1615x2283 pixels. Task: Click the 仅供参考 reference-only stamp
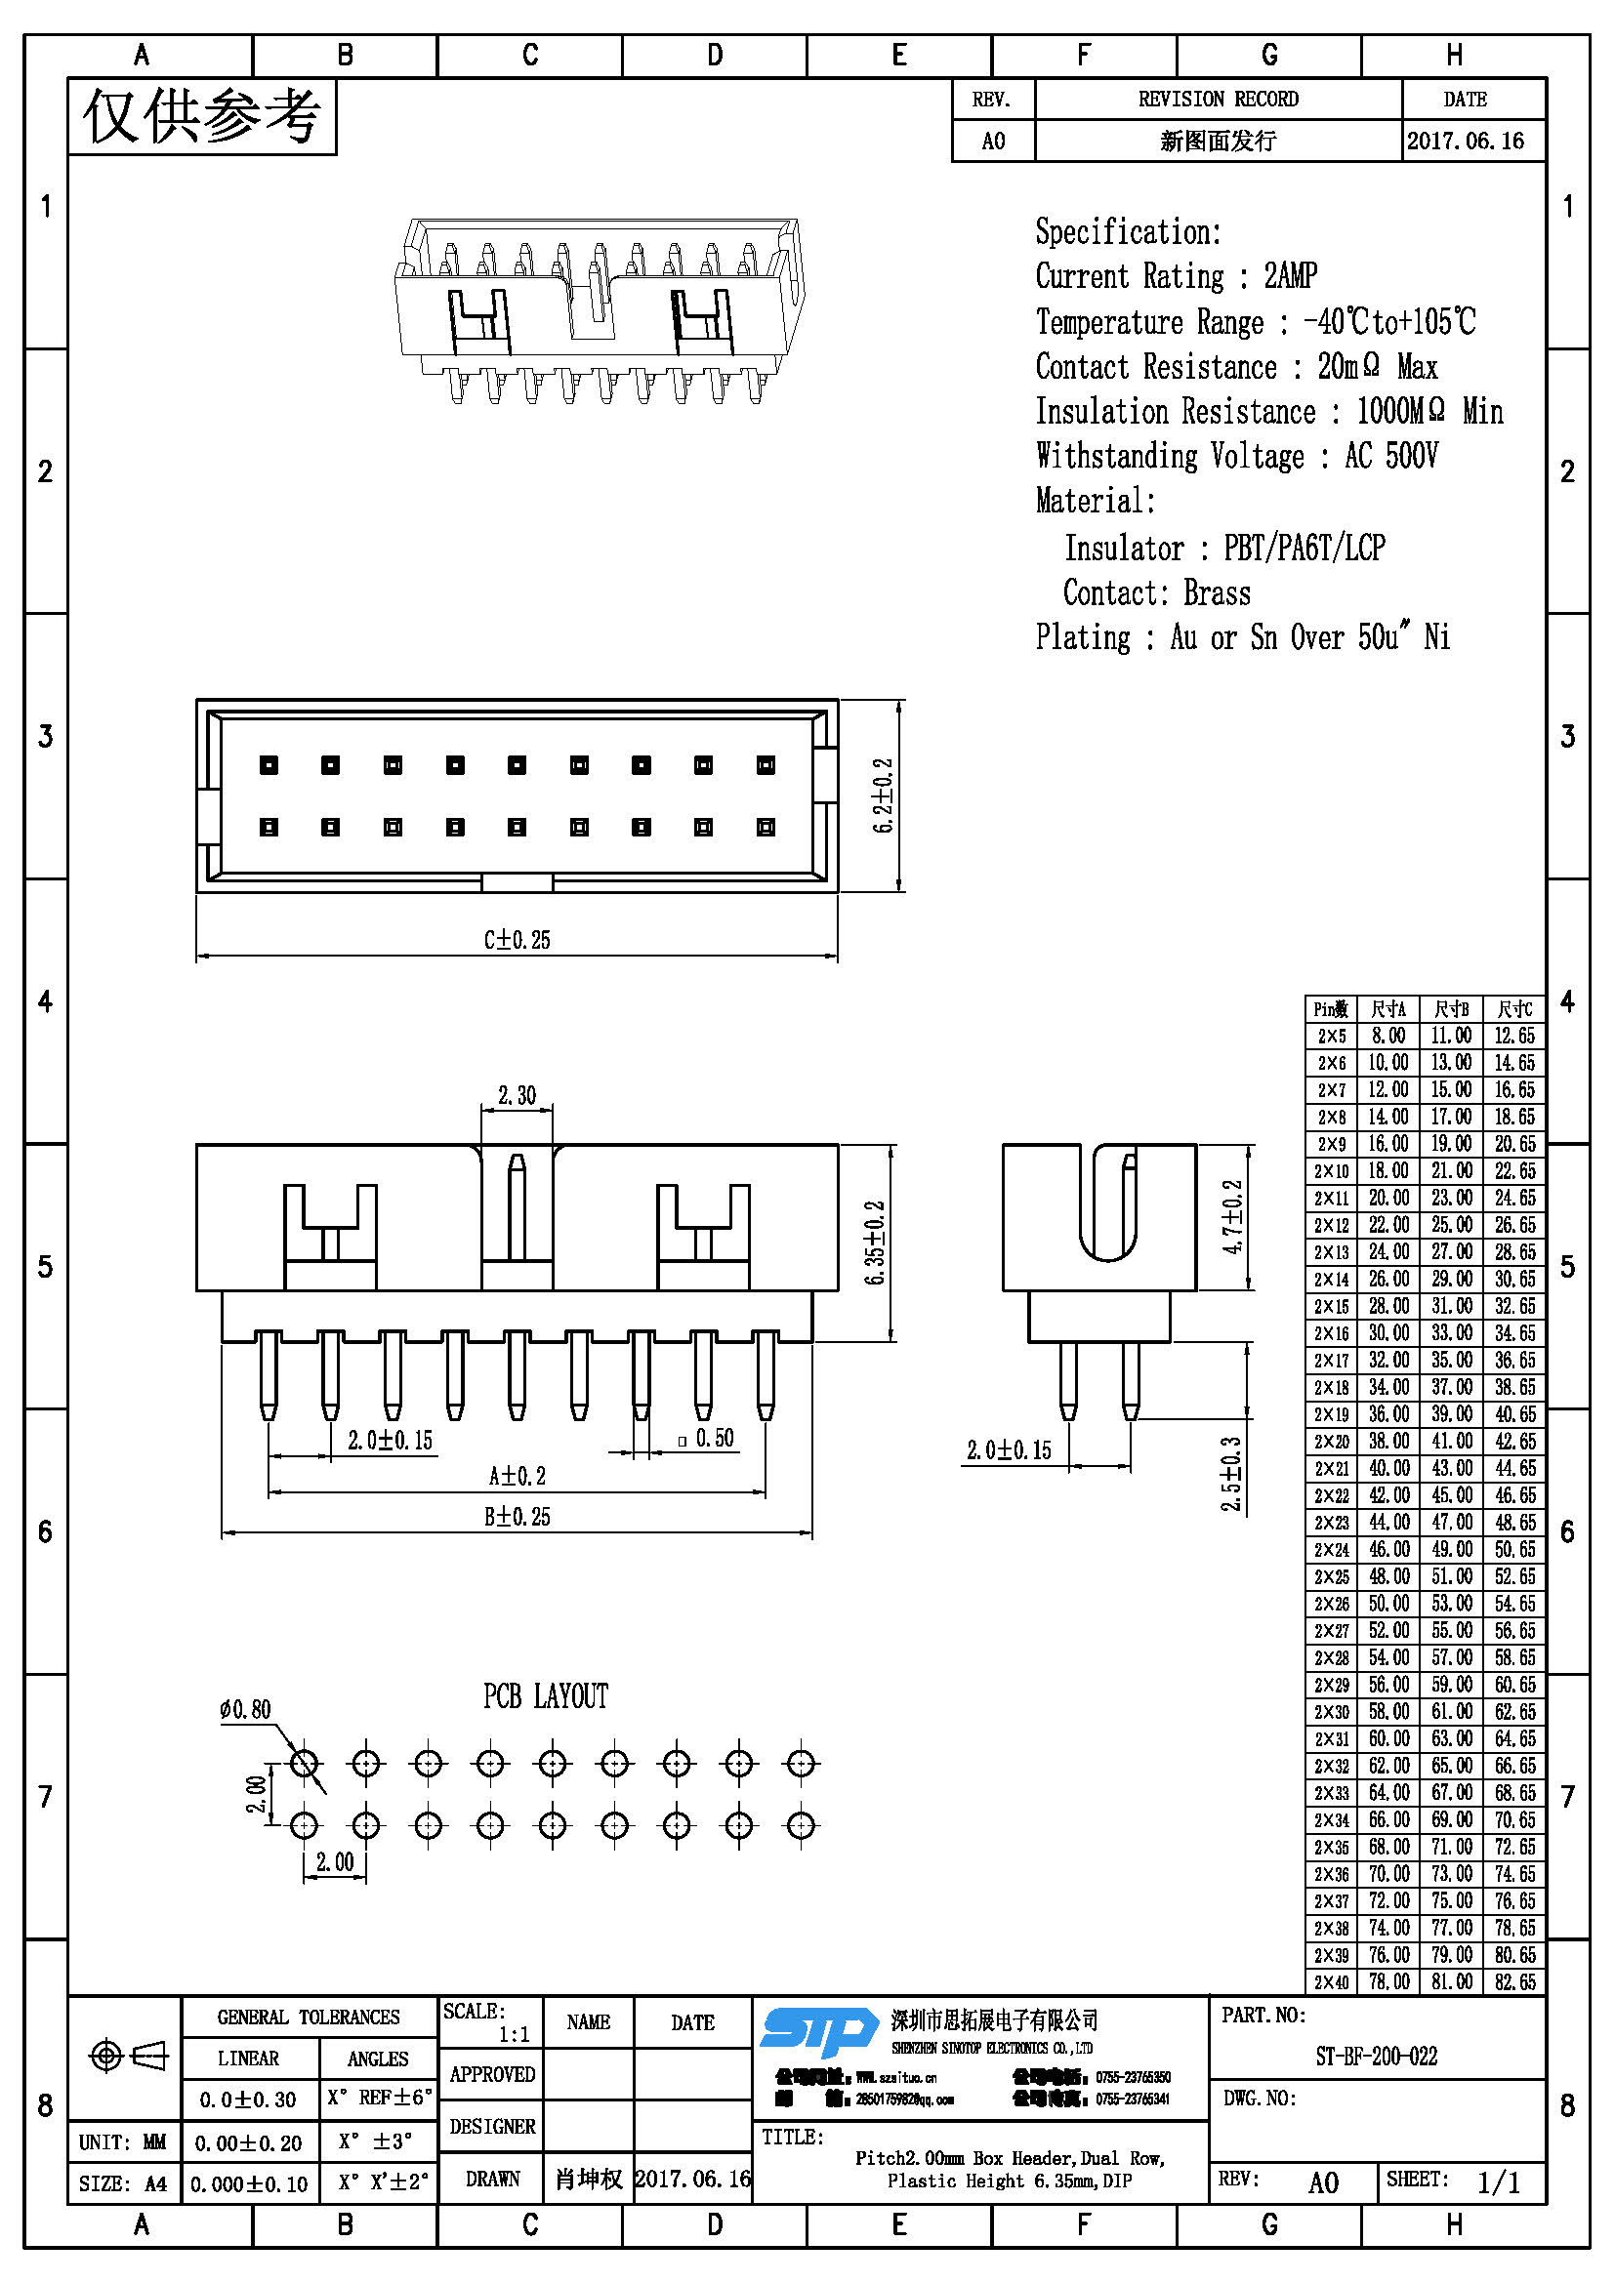point(202,117)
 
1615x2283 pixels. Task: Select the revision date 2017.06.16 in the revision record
point(1465,142)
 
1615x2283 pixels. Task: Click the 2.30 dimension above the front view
point(517,1096)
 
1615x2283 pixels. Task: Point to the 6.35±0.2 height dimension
point(875,1243)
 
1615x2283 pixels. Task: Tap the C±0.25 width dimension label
point(517,940)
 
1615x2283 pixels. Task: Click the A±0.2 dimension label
point(517,1476)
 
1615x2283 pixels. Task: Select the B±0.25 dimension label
point(517,1517)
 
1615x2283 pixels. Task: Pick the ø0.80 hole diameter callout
point(245,1709)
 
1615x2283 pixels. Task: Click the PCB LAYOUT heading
point(545,1696)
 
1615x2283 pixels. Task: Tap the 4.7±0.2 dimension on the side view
point(1232,1217)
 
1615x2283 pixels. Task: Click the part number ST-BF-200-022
point(1376,2057)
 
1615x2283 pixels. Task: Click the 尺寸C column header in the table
point(1513,1009)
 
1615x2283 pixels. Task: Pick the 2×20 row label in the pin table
point(1331,1442)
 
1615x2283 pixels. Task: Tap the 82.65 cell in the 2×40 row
point(1513,1981)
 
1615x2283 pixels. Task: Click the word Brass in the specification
point(1217,593)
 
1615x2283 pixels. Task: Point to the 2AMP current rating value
point(1290,275)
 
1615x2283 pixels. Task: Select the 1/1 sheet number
point(1498,2182)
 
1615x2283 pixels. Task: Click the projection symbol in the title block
point(127,2055)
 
